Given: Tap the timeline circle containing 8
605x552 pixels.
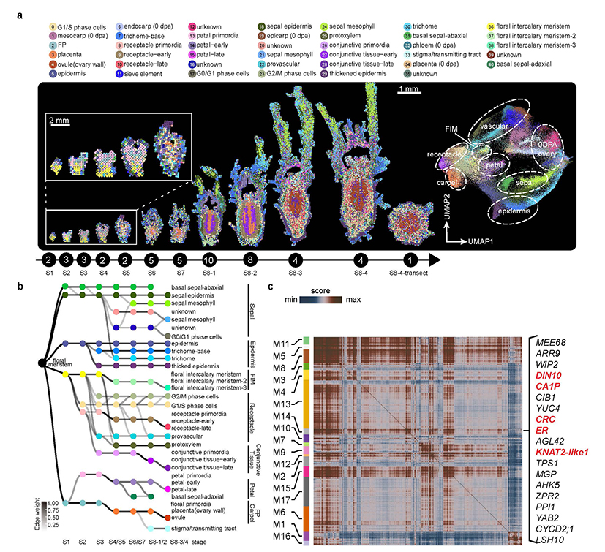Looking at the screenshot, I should pos(251,259).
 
